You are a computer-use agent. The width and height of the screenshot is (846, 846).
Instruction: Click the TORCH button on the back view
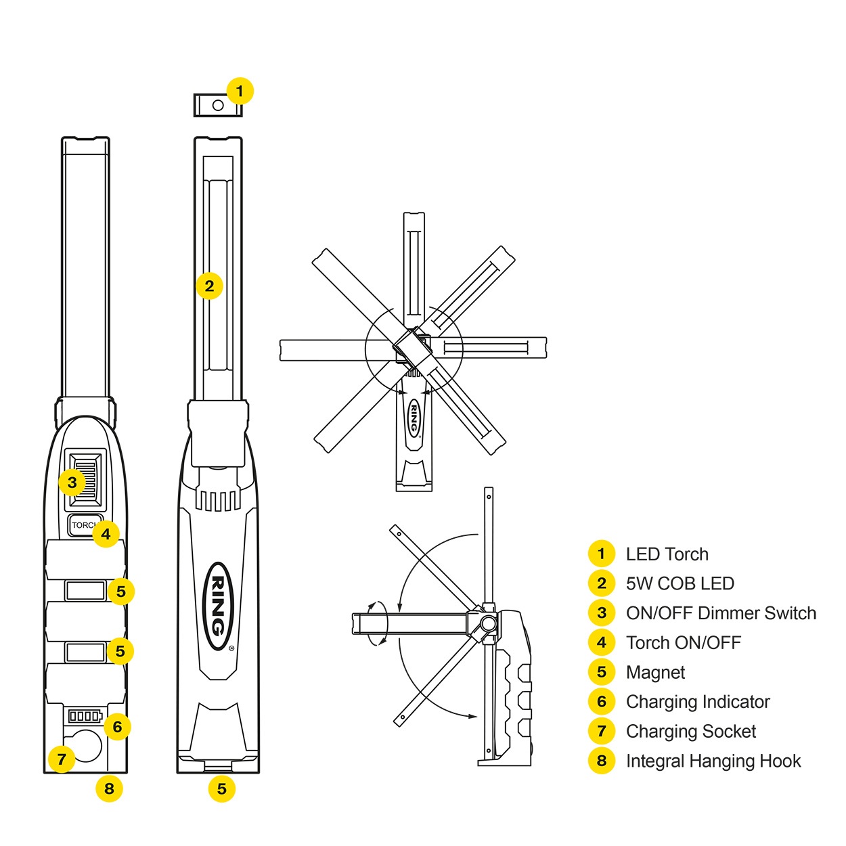(82, 525)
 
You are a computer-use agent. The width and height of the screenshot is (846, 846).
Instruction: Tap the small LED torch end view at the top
(217, 106)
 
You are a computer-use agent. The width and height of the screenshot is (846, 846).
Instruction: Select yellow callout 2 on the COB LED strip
(209, 286)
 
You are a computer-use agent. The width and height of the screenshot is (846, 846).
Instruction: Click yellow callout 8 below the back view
(109, 788)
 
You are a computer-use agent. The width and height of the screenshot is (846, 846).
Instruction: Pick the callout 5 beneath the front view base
(221, 788)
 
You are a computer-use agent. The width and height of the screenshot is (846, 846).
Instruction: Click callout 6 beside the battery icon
(117, 727)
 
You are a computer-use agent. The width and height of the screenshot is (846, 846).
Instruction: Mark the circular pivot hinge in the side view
(487, 623)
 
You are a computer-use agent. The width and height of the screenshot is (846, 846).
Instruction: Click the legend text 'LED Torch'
(667, 554)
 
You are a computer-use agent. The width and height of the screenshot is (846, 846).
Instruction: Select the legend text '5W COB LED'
(680, 583)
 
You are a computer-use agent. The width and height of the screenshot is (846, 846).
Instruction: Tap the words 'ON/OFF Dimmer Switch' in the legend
(721, 613)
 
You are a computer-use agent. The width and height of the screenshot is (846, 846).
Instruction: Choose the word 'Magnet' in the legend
(655, 673)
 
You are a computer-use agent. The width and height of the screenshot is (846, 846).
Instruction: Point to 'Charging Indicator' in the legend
(698, 702)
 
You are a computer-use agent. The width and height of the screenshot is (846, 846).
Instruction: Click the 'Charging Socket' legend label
(691, 732)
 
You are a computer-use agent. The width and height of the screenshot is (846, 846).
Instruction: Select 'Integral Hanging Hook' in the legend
(713, 761)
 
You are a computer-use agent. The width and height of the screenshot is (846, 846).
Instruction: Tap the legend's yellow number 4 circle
(601, 643)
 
